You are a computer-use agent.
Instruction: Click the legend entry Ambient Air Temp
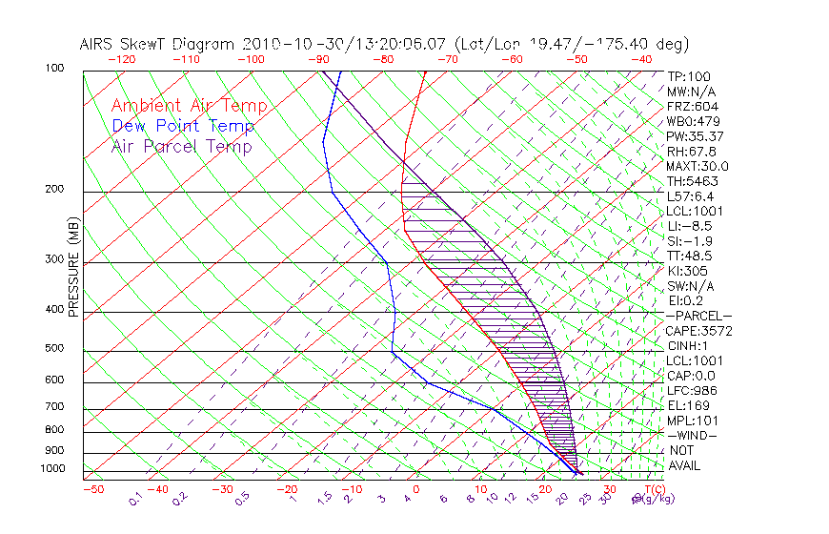189,106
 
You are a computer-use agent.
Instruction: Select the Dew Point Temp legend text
183,126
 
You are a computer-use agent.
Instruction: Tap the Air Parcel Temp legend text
182,146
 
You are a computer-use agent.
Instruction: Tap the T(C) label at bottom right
654,489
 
